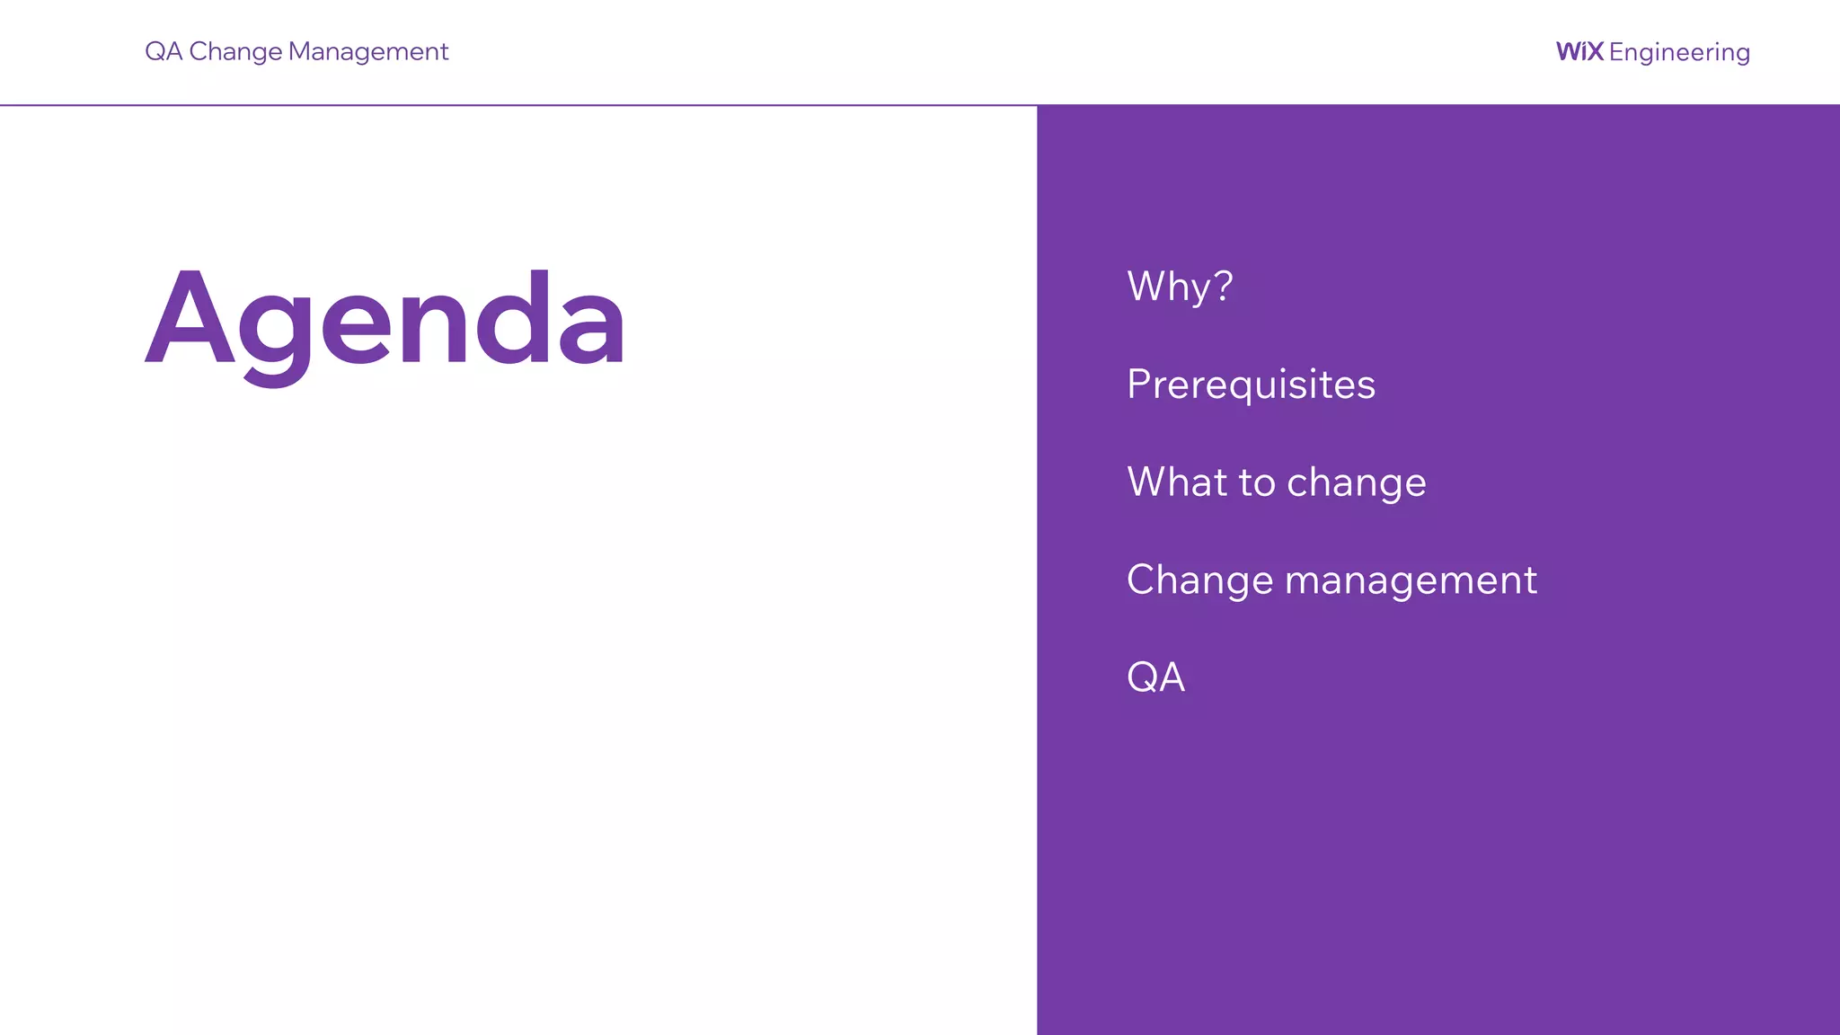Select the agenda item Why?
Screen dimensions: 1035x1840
(1180, 287)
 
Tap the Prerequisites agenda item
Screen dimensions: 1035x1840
(1251, 385)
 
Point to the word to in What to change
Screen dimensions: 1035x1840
(1257, 483)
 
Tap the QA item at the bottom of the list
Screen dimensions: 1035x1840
(1155, 677)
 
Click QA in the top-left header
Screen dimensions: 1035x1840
(164, 52)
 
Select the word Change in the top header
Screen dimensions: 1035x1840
(235, 52)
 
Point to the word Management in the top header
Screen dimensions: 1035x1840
(367, 52)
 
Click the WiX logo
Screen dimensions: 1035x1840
(1579, 51)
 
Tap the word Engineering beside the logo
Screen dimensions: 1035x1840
(1679, 53)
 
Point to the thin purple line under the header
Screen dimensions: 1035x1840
(518, 105)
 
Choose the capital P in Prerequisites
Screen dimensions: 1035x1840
(1139, 384)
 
